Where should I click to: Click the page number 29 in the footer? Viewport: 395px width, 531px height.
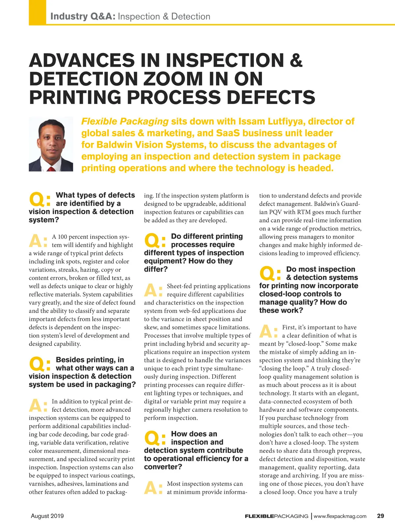tap(380, 516)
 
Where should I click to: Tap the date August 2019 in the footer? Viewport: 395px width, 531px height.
tap(47, 516)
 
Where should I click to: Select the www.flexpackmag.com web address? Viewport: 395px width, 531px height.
tap(340, 516)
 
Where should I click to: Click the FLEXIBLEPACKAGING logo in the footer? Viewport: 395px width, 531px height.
tap(276, 516)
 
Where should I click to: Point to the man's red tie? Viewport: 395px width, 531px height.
tap(51, 169)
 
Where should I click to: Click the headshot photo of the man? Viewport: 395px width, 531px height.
tap(51, 144)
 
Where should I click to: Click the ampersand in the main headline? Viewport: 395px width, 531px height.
tap(296, 60)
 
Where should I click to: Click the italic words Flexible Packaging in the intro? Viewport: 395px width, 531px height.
tap(125, 121)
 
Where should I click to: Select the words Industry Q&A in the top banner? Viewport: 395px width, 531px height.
tap(83, 16)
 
